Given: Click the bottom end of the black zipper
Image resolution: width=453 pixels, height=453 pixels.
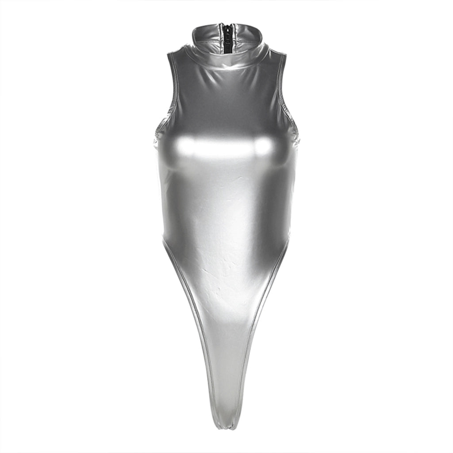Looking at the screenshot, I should click(x=226, y=53).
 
